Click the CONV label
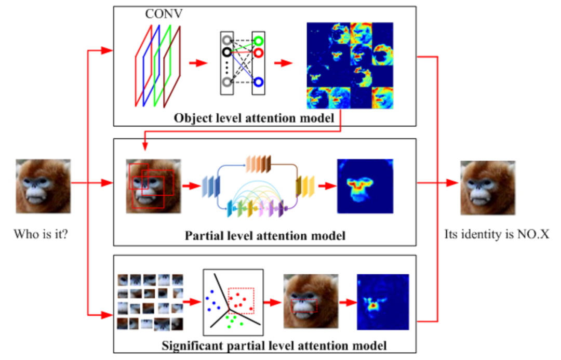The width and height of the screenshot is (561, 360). (163, 14)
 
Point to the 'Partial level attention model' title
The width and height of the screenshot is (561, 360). (265, 236)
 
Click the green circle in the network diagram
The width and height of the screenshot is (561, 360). (258, 41)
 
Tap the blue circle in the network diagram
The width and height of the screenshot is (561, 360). (258, 82)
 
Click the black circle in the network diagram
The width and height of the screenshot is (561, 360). (226, 52)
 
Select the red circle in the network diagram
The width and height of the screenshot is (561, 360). (258, 52)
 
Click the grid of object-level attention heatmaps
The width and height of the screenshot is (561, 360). (350, 65)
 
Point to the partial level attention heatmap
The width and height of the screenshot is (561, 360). (365, 185)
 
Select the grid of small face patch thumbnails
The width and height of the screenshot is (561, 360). (150, 302)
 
